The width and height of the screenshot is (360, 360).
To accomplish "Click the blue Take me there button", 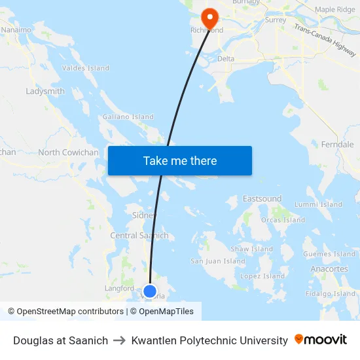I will click(x=179, y=161).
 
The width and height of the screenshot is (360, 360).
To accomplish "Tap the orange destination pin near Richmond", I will click(x=210, y=17).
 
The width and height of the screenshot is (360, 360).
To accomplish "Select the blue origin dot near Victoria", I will click(x=150, y=291).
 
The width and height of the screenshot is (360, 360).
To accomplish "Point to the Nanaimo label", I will click(x=16, y=29).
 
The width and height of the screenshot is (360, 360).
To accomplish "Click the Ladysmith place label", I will click(x=45, y=91).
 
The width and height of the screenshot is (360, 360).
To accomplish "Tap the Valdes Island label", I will click(x=85, y=68).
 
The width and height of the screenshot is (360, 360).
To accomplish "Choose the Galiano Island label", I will click(x=128, y=117).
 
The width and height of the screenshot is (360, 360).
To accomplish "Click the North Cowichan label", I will click(x=68, y=153).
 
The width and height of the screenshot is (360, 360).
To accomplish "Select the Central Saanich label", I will click(x=139, y=236).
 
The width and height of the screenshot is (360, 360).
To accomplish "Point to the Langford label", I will click(x=119, y=288).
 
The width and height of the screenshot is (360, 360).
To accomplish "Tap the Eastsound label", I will click(x=262, y=198).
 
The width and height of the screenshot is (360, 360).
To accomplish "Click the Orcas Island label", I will click(x=283, y=220).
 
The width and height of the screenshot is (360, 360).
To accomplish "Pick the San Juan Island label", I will click(x=218, y=261).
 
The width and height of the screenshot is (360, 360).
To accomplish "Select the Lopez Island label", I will click(x=262, y=276).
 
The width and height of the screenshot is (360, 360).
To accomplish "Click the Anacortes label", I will click(x=329, y=269).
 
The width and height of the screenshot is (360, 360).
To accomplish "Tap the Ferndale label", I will click(x=337, y=144).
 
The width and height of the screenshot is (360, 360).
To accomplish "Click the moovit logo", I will click(x=321, y=340).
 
